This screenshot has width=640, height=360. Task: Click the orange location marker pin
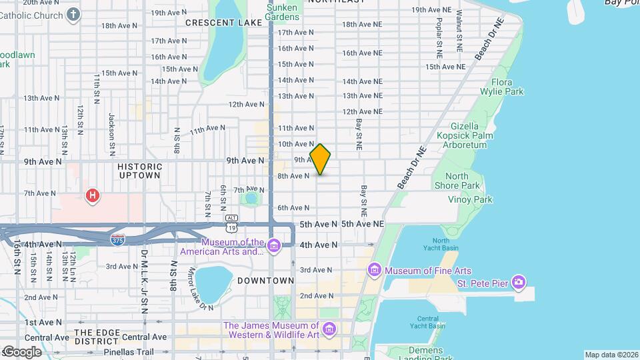pyautogui.click(x=321, y=159)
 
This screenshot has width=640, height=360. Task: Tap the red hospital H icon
pyautogui.click(x=93, y=196)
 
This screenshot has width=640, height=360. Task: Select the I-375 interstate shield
pyautogui.click(x=117, y=239)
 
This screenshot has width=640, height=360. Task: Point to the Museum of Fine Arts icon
pyautogui.click(x=374, y=271)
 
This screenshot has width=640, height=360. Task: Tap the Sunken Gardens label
pyautogui.click(x=282, y=12)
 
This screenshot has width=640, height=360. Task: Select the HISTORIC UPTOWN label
pyautogui.click(x=139, y=171)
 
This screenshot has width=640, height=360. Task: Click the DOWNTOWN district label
pyautogui.click(x=265, y=281)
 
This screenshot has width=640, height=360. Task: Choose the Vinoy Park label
pyautogui.click(x=469, y=199)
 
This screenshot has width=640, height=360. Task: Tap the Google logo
pyautogui.click(x=22, y=351)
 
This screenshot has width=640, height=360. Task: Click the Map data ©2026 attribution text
pyautogui.click(x=611, y=355)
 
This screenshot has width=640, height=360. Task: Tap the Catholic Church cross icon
pyautogui.click(x=73, y=14)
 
